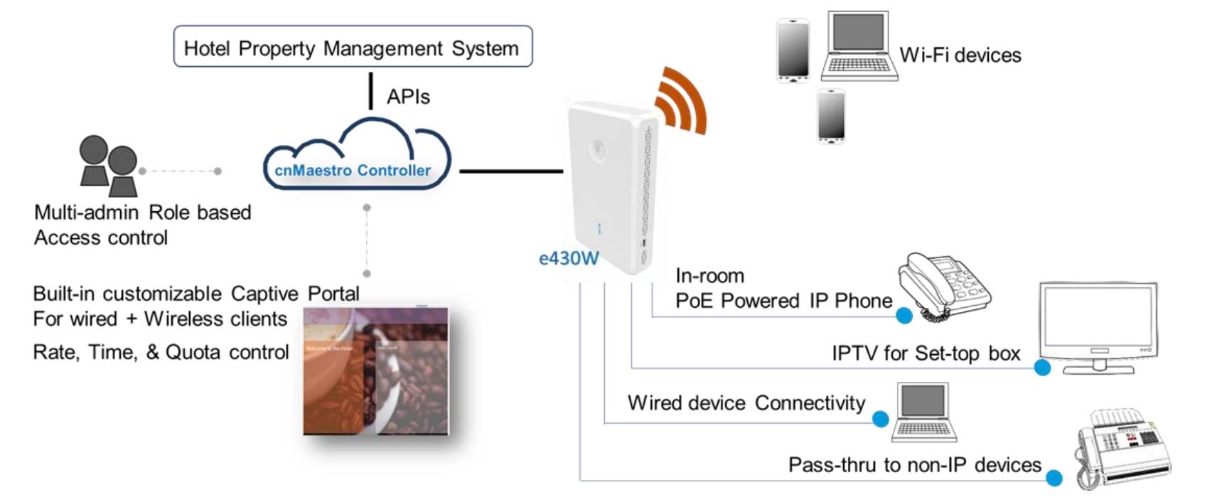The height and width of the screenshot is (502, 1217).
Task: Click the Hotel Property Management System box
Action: pyautogui.click(x=353, y=47)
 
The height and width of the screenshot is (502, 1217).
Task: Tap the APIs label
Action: pyautogui.click(x=408, y=97)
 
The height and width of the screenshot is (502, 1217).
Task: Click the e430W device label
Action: pyautogui.click(x=569, y=258)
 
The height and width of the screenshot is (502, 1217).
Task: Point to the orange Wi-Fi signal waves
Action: pyautogui.click(x=681, y=101)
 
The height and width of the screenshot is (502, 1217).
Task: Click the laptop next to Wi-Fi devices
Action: pyautogui.click(x=859, y=46)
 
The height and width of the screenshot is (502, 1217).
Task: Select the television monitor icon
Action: pyautogui.click(x=1098, y=326)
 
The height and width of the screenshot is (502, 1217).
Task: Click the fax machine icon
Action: pyautogui.click(x=1122, y=447)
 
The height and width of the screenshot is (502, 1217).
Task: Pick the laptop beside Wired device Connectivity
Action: pyautogui.click(x=923, y=412)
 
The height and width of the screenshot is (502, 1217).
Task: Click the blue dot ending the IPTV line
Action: pyautogui.click(x=1042, y=368)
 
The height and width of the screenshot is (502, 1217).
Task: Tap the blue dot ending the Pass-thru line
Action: pyautogui.click(x=1054, y=479)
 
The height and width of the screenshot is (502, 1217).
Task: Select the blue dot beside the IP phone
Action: pyautogui.click(x=904, y=316)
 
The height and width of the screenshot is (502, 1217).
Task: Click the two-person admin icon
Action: pyautogui.click(x=109, y=166)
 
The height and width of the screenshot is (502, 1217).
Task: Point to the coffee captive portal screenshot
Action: pyautogui.click(x=376, y=370)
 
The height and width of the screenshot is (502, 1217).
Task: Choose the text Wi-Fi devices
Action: pyautogui.click(x=960, y=55)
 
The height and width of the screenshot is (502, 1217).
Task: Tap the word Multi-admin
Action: pyautogui.click(x=86, y=212)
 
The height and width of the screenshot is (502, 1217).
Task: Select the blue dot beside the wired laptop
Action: pyautogui.click(x=880, y=420)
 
